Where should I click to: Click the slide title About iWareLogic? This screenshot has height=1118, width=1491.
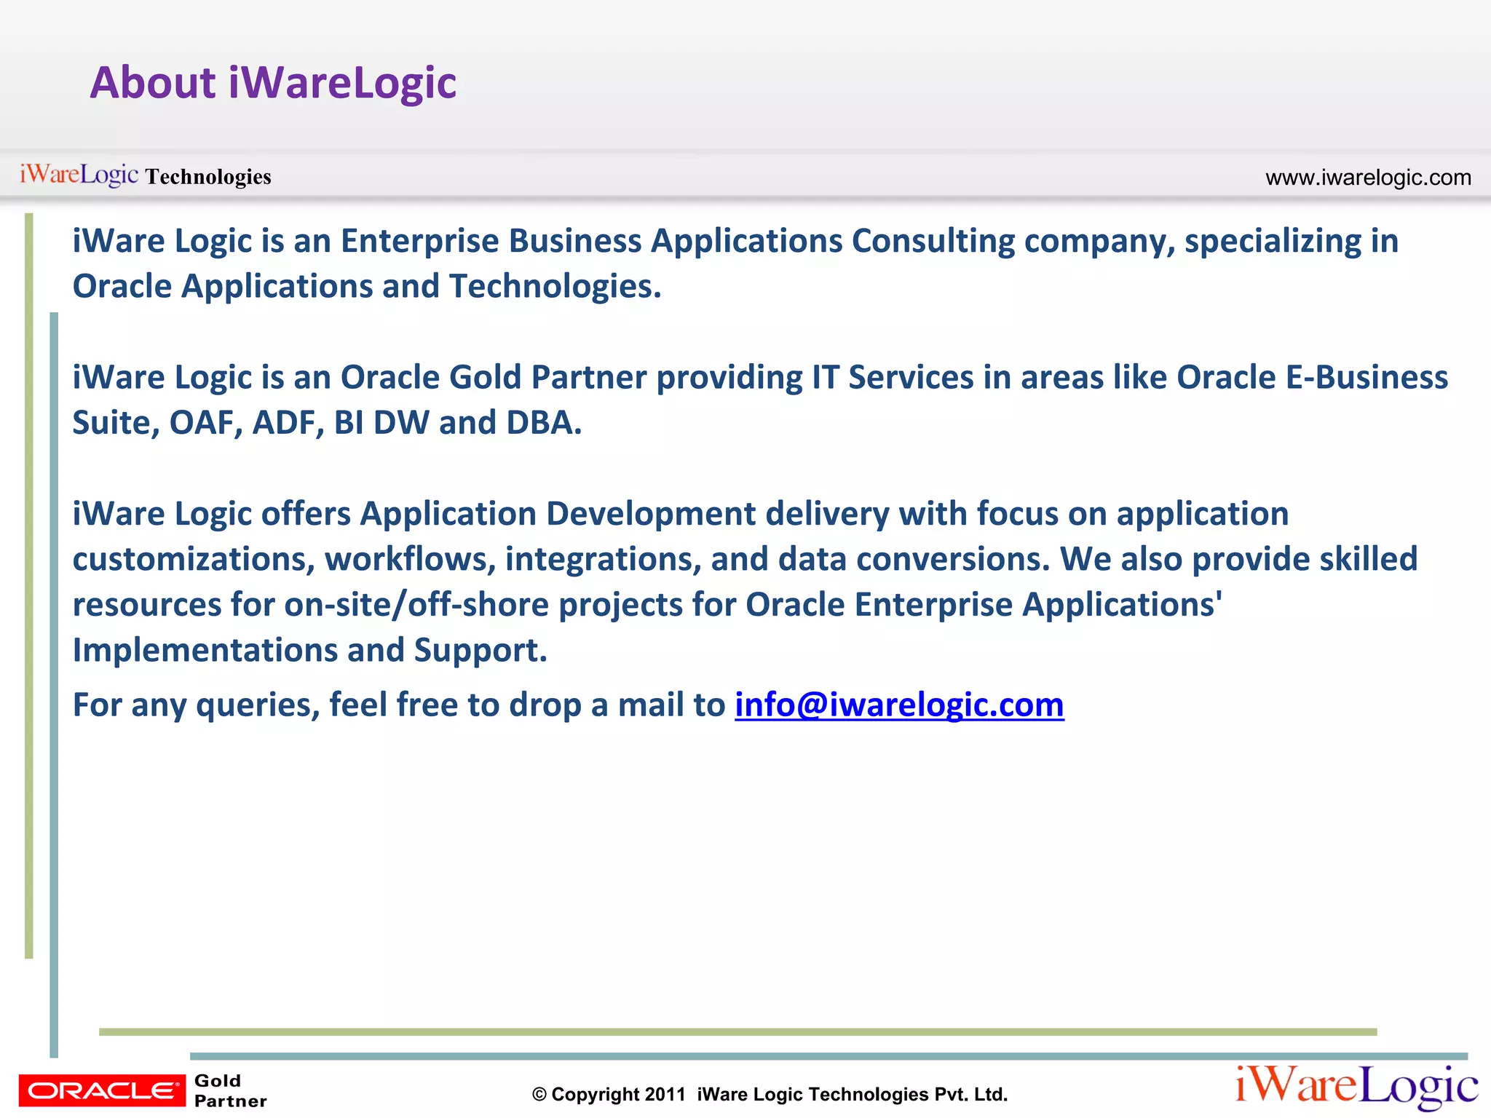point(273,83)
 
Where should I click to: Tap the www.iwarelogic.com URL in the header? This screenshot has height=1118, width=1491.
point(1368,178)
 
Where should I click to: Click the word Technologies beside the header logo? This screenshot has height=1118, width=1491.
point(208,177)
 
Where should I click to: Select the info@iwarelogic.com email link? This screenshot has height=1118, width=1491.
point(899,705)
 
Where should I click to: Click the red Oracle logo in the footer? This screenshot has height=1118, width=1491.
point(102,1090)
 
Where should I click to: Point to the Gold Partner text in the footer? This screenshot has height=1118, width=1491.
point(230,1090)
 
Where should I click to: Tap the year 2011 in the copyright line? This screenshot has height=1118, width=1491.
point(665,1095)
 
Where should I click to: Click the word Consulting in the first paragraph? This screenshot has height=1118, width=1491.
point(933,242)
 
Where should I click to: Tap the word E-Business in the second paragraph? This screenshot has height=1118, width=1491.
point(1367,378)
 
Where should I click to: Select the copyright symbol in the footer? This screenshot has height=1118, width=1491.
point(539,1095)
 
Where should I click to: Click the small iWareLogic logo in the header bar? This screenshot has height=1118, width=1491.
point(79,175)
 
